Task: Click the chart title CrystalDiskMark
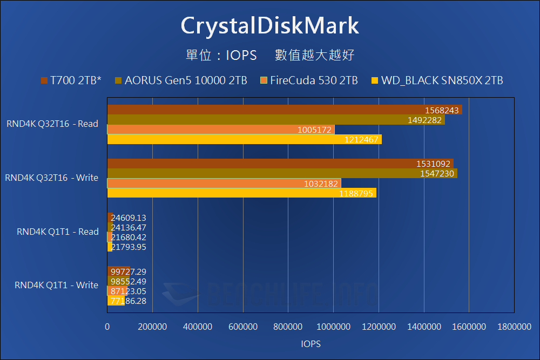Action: [x=269, y=26]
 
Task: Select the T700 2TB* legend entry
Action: [x=71, y=81]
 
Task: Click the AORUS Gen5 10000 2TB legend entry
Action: [x=181, y=81]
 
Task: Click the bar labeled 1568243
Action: [x=285, y=110]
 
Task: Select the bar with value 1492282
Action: [x=276, y=120]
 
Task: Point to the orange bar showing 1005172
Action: [x=221, y=130]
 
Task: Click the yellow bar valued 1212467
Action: [x=244, y=139]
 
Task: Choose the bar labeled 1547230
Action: [x=282, y=173]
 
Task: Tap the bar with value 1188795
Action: [x=242, y=193]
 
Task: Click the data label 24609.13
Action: [x=129, y=218]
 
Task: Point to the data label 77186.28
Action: [x=129, y=301]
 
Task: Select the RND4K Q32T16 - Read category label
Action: [x=52, y=124]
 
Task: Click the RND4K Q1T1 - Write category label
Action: [x=57, y=285]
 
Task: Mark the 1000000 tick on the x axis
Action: [x=333, y=327]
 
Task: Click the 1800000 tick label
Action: [x=514, y=327]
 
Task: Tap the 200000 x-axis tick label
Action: [x=153, y=327]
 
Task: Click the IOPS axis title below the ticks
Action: [x=311, y=343]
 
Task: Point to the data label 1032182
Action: [x=321, y=184]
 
